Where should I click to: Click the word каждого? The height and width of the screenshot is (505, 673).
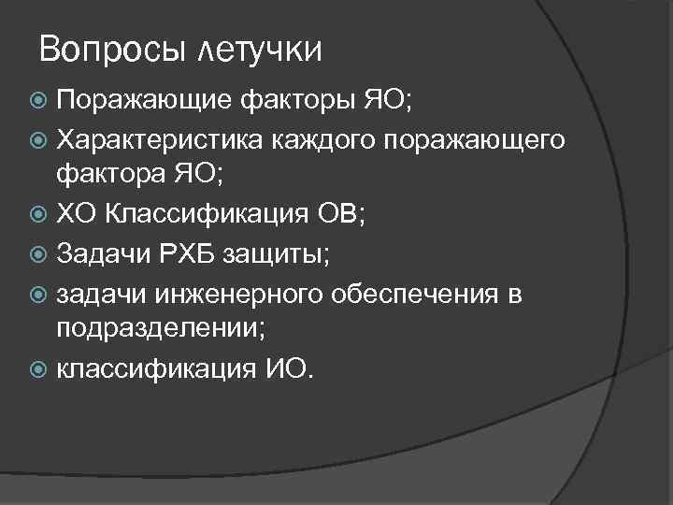(320, 141)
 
